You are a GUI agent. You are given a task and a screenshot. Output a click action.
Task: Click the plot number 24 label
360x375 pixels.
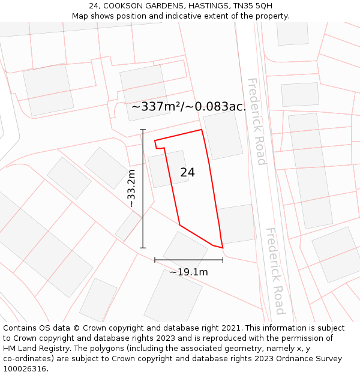coord(187,172)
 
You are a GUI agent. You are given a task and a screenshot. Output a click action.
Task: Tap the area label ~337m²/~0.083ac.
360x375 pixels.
coord(188,107)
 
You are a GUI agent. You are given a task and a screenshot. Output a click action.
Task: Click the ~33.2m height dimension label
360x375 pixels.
coord(131,188)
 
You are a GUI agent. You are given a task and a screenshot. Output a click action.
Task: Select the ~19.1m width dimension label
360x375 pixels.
coord(188,272)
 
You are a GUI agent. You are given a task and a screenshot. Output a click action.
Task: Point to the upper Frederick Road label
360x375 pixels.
coord(256,121)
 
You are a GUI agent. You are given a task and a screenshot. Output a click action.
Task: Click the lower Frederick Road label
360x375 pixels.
coord(275,271)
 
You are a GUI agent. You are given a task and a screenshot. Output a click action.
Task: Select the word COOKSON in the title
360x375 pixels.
coord(125,5)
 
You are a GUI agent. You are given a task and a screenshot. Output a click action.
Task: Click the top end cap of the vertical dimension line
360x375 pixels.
coord(143,130)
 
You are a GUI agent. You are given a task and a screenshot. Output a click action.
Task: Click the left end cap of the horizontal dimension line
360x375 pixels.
coord(155,260)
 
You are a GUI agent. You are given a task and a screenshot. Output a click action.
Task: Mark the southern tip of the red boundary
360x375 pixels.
coord(223,248)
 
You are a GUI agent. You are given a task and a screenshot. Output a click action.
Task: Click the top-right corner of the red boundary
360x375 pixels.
coord(202,130)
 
